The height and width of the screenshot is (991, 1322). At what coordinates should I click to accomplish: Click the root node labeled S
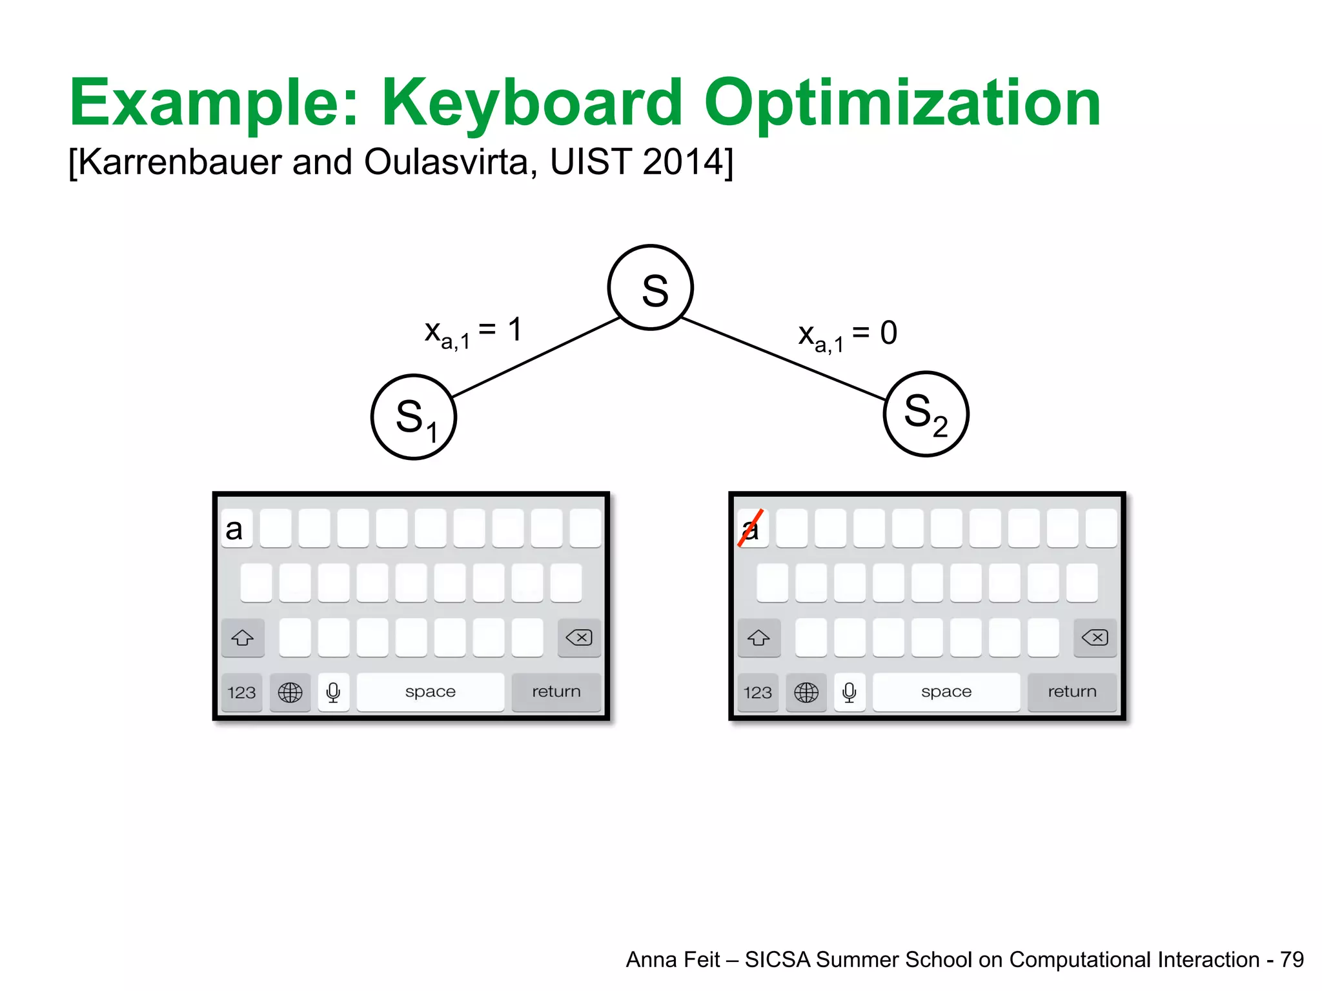pos(650,288)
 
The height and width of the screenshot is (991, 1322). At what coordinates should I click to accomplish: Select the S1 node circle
pos(414,417)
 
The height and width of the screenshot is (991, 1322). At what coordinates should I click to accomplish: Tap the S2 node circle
pos(926,414)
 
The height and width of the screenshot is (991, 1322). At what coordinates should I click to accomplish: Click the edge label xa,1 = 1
pos(473,333)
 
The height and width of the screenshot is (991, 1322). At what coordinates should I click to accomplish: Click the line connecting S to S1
pos(536,357)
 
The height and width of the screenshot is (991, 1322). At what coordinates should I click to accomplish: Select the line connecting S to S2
pos(783,359)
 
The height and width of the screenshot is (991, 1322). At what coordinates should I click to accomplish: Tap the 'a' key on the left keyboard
pos(236,528)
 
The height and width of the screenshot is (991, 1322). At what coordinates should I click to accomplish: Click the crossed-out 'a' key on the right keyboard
pos(752,528)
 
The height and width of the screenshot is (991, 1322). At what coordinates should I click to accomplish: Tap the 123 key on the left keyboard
pos(241,692)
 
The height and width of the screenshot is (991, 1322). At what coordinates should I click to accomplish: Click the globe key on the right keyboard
pos(806,692)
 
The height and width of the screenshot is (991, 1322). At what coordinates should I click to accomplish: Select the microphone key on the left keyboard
pos(333,692)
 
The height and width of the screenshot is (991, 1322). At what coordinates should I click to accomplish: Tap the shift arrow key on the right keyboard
pos(758,638)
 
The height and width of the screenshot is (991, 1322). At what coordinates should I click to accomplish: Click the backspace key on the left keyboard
pos(579,638)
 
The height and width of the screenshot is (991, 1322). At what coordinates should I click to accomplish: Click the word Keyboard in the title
pos(532,103)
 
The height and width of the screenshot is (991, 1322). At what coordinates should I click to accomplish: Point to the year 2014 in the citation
pos(684,162)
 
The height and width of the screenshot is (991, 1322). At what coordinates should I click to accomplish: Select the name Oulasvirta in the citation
pos(446,162)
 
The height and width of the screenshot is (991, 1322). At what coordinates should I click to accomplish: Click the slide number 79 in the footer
pos(1292,959)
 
